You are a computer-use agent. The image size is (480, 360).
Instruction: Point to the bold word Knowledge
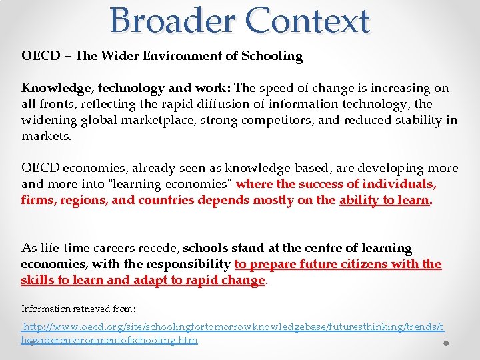point(54,88)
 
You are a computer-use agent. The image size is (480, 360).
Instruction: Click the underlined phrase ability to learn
point(384,200)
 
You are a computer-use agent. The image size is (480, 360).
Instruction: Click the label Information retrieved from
point(79,309)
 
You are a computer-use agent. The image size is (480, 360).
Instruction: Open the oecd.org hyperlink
point(233,327)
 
